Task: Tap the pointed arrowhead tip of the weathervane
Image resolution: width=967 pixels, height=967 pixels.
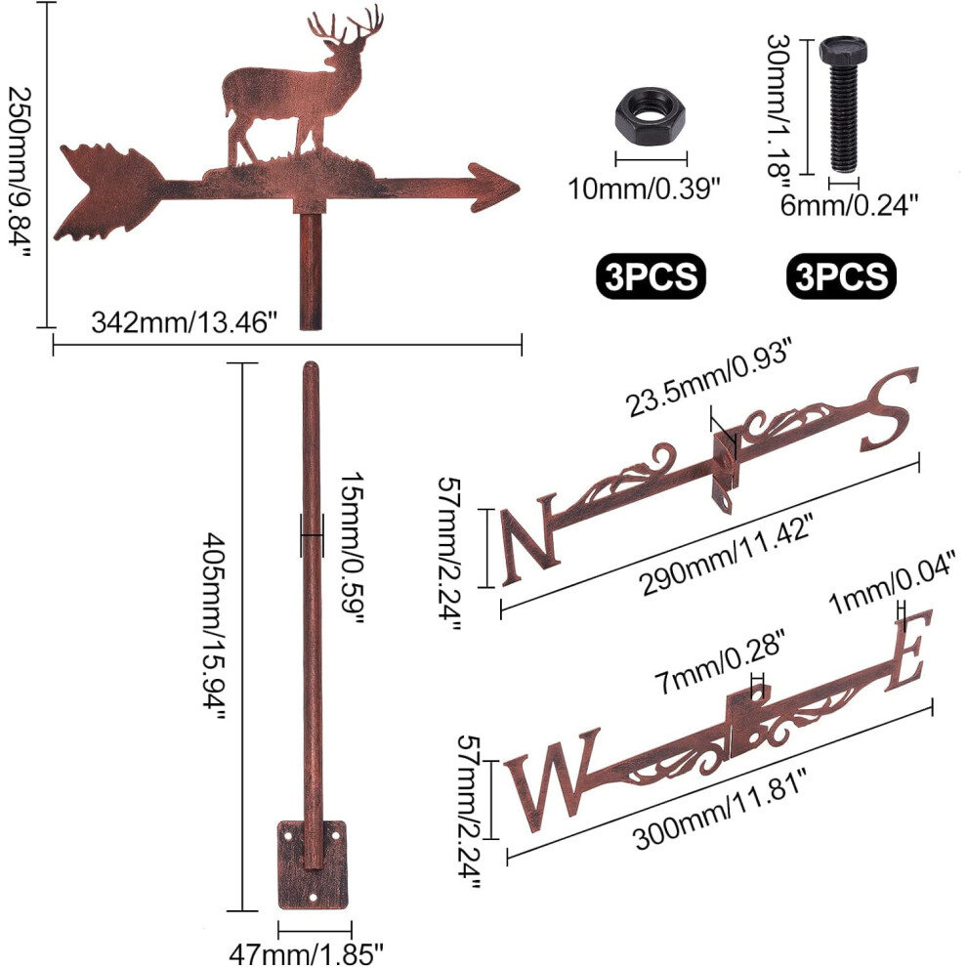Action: coord(520,188)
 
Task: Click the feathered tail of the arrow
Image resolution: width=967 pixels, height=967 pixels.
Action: coord(107,191)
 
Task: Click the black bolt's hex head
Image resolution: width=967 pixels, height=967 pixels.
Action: coord(843,50)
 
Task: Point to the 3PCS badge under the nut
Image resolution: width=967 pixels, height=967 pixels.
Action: coord(651,275)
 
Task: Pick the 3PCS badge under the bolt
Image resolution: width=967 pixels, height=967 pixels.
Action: coord(841,275)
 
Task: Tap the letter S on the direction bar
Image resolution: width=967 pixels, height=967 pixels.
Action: coord(889,409)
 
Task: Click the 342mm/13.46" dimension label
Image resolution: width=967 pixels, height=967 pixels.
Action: coord(185,322)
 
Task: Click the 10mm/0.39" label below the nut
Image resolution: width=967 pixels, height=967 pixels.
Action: coord(644,189)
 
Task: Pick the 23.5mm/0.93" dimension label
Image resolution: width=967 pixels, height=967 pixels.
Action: coord(708,378)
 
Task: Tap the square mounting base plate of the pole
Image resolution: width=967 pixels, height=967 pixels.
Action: coord(312,864)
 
